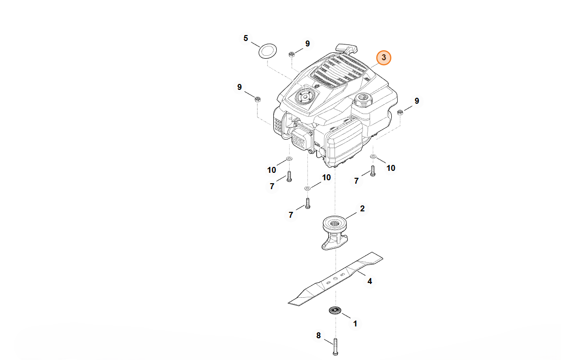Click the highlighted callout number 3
pos(384,58)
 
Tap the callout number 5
pos(246,38)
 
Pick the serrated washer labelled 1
pos(336,311)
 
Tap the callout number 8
pos(318,336)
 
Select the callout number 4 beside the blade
pos(370,281)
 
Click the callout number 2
pos(362,208)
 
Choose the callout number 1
pos(355,324)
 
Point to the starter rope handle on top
pos(347,48)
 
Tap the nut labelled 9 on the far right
pos(401,112)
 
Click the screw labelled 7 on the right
pos(373,171)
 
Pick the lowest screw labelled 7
pos(307,202)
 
